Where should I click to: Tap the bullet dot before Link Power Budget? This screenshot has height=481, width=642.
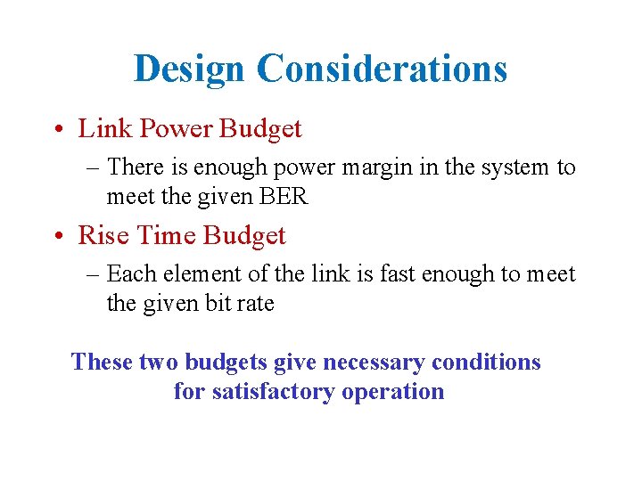[x=58, y=130]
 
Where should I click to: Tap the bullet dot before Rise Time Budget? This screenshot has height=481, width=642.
[x=58, y=237]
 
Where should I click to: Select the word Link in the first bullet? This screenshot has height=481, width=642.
[x=99, y=129]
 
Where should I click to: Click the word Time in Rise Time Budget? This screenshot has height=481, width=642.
[x=162, y=236]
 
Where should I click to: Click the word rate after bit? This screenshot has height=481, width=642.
[x=256, y=303]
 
